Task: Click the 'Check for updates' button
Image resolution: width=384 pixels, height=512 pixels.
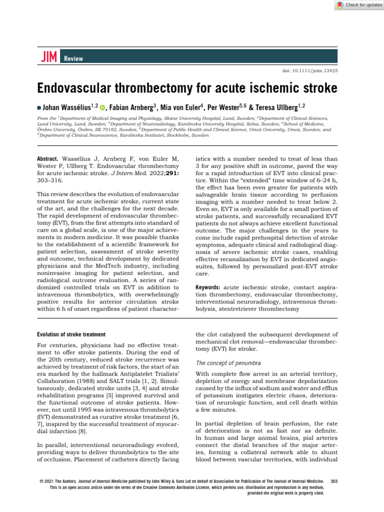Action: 356,5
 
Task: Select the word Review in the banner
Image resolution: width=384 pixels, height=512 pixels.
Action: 73,58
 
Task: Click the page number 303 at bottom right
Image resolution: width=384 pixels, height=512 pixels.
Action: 342,480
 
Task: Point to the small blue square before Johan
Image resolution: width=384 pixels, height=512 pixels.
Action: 39,107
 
